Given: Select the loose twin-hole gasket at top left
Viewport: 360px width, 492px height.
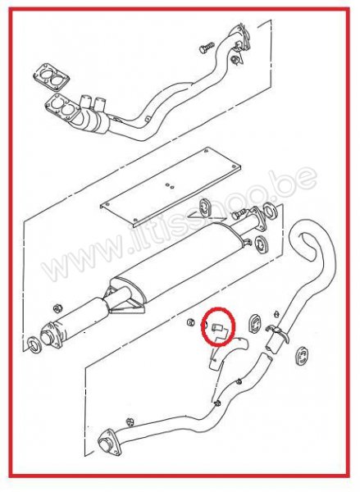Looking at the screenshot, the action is click(x=51, y=77).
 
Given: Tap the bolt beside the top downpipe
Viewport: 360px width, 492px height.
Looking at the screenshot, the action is click(x=207, y=48).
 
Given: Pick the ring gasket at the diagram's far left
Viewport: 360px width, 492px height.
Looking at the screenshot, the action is click(x=34, y=344).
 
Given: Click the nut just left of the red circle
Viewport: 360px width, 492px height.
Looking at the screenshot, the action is click(x=190, y=322).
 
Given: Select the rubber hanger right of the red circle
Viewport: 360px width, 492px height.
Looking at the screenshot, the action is click(x=255, y=326).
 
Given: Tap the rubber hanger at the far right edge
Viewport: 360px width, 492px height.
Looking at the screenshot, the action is click(x=302, y=356).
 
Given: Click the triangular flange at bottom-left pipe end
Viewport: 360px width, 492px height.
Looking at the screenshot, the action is click(x=109, y=442).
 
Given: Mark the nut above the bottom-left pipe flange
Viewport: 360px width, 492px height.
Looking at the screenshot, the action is click(x=129, y=421).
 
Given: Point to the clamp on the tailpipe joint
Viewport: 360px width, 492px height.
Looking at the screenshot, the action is click(x=278, y=333).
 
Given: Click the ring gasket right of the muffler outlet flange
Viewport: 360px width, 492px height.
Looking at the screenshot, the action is click(x=270, y=212).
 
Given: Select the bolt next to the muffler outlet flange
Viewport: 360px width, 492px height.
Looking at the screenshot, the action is click(x=239, y=214).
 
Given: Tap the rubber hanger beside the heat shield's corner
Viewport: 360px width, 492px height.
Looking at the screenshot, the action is click(x=206, y=207).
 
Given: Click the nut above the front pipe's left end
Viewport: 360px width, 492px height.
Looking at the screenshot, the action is click(x=57, y=307).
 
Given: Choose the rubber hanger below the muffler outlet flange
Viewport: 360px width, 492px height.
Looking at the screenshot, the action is click(x=261, y=244).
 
